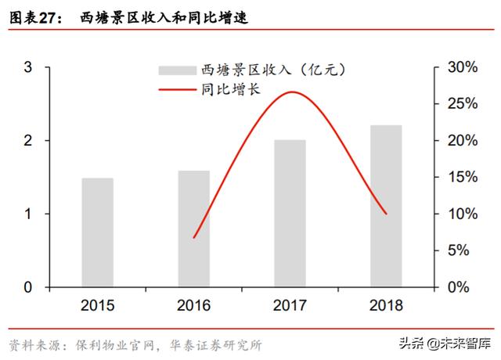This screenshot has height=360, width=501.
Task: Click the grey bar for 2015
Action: click(x=97, y=232)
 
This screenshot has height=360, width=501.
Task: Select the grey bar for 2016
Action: click(x=193, y=229)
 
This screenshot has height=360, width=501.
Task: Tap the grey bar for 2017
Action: click(x=290, y=214)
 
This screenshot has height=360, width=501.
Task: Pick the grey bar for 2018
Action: click(x=386, y=206)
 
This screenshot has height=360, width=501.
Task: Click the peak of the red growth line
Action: click(x=291, y=92)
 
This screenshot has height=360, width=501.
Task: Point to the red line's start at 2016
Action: click(x=193, y=237)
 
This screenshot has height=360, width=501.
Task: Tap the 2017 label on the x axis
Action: click(x=290, y=306)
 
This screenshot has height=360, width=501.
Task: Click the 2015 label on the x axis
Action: click(x=97, y=306)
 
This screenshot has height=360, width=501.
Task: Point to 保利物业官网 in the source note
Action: click(x=110, y=344)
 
